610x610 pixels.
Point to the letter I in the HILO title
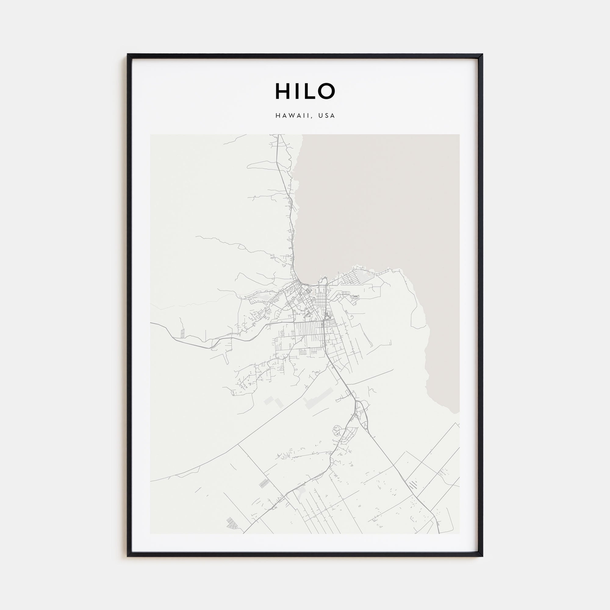[294, 91]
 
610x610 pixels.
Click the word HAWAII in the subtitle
[292, 116]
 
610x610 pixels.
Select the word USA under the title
[326, 116]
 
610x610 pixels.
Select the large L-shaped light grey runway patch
[317, 398]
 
